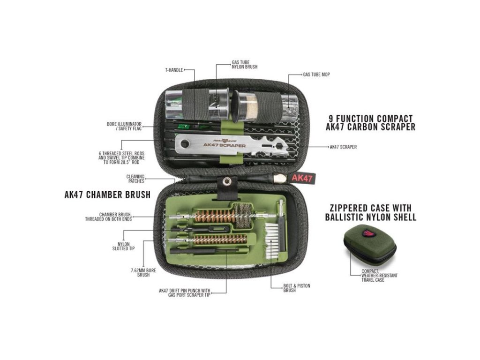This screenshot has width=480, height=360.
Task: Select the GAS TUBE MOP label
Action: (316, 75)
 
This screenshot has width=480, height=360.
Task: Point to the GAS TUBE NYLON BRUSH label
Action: (245, 64)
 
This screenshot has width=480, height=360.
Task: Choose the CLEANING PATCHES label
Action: (135, 179)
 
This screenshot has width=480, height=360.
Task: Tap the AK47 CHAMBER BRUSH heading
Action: (107, 195)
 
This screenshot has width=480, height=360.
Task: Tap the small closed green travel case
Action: (366, 243)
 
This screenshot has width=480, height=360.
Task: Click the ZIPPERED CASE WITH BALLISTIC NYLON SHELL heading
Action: (370, 212)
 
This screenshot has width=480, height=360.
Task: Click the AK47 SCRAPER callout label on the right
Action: (343, 147)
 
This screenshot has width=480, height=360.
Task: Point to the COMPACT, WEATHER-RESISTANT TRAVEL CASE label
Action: (379, 275)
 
